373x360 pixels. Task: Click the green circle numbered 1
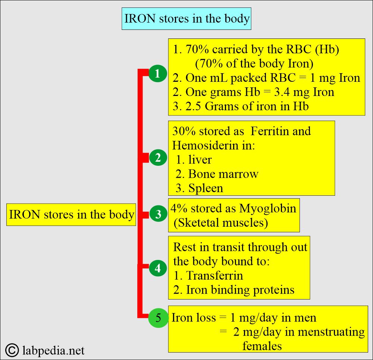tap(157, 74)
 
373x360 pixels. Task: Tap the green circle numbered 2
tap(158, 158)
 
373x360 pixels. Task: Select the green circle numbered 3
tap(158, 214)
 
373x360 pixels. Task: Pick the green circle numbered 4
tap(158, 269)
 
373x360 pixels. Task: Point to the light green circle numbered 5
tap(158, 319)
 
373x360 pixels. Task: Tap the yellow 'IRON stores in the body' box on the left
tap(71, 215)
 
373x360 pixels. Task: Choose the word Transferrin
tap(214, 276)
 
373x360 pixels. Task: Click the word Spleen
tap(206, 188)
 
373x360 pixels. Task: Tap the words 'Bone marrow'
tap(223, 174)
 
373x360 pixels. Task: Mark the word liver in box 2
tap(200, 160)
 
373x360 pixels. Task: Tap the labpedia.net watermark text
tap(54, 351)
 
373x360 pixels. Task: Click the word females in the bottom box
tap(262, 346)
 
